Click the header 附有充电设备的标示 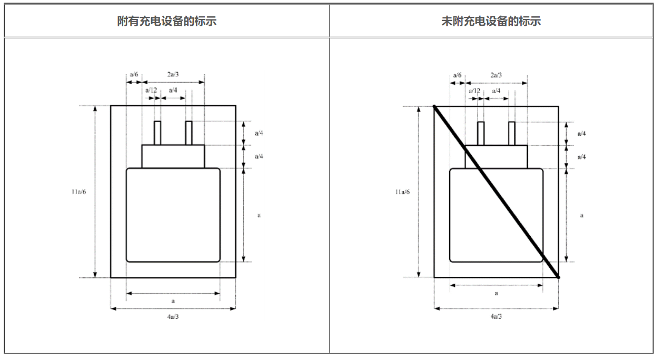[167, 22]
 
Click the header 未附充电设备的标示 [491, 22]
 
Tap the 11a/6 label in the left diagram [79, 192]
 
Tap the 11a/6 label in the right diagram [403, 192]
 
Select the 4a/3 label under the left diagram [173, 316]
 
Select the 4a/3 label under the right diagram [496, 316]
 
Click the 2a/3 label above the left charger [173, 75]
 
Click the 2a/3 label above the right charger [496, 75]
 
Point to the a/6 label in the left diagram [134, 75]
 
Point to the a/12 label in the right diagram [475, 91]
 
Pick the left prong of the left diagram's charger [157, 133]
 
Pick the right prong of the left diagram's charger [189, 133]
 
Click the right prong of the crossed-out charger [511, 133]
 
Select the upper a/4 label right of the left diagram [259, 133]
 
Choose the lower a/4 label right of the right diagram [581, 157]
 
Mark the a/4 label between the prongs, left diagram [173, 91]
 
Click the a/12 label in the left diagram [151, 90]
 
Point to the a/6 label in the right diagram [457, 75]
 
